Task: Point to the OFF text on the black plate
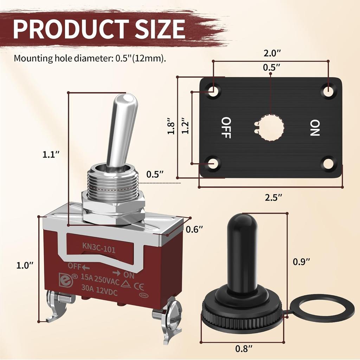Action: click(226, 127)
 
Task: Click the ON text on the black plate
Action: click(315, 128)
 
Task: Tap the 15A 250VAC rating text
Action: click(98, 280)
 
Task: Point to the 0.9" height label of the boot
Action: click(302, 262)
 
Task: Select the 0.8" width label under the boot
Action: click(244, 349)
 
